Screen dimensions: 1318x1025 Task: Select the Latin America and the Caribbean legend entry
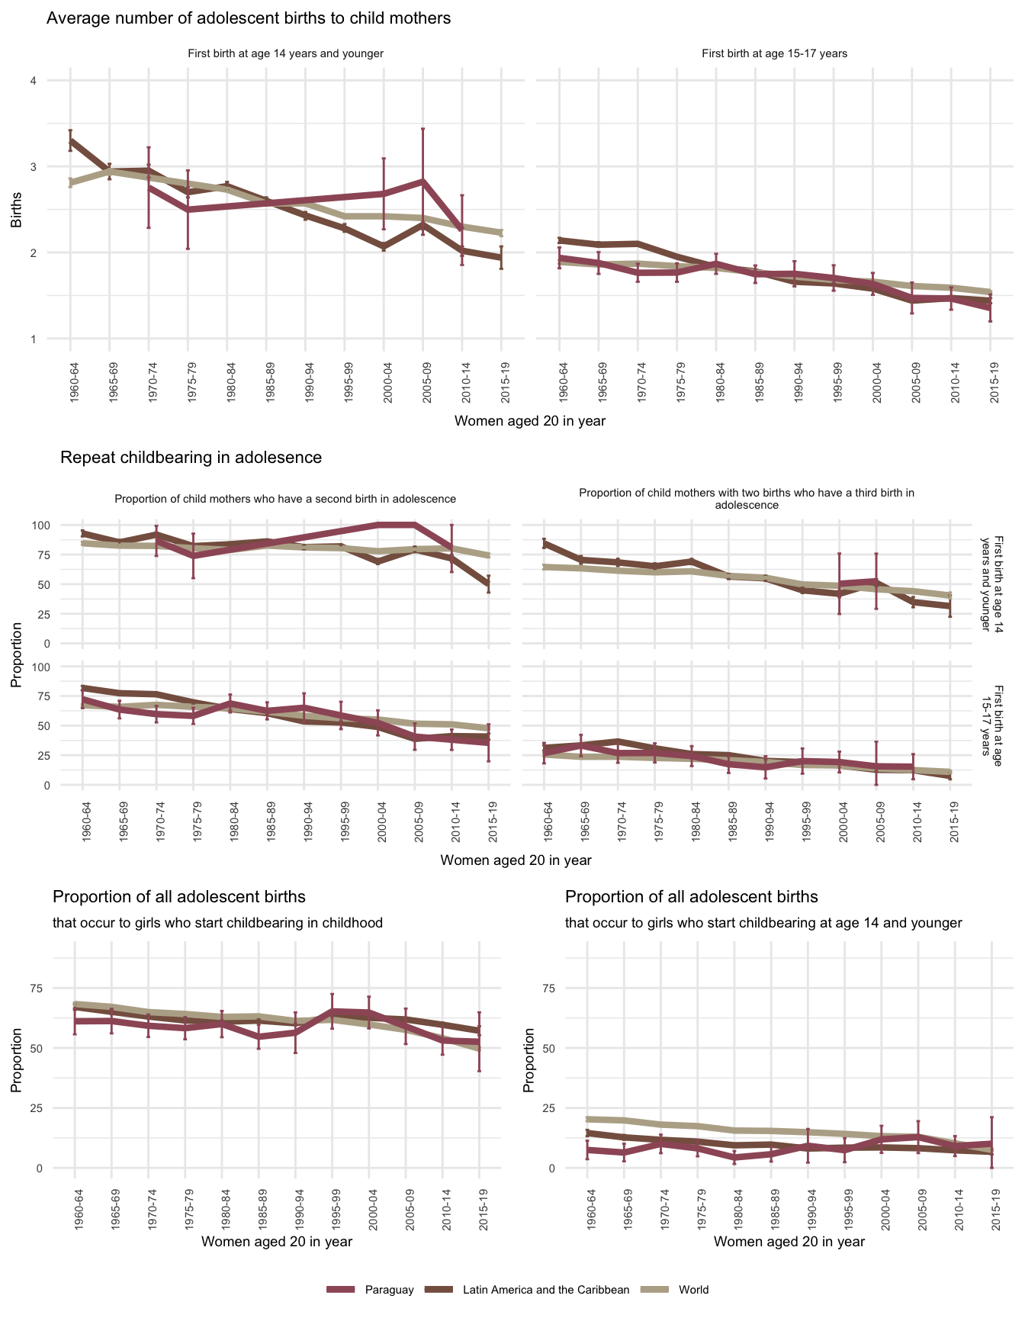[546, 1290]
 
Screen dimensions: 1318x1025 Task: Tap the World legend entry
[693, 1290]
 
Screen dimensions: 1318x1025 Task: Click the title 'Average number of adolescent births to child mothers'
[249, 18]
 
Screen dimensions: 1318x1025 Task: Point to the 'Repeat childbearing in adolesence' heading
[191, 458]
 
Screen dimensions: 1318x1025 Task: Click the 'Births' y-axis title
[16, 210]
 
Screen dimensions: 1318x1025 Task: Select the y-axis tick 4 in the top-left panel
[33, 81]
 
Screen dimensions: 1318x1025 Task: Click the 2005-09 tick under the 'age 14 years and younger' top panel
[423, 371]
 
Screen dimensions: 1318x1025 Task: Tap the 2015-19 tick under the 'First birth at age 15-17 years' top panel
[991, 371]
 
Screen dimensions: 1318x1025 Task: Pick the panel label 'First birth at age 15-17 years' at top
[774, 53]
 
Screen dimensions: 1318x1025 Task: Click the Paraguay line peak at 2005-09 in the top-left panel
[423, 181]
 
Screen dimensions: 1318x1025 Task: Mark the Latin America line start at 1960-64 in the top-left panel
[70, 141]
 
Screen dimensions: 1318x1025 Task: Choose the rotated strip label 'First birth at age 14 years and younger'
[997, 583]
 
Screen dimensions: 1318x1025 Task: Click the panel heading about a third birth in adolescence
[746, 499]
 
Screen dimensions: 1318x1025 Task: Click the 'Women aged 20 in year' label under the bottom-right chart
[789, 1242]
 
